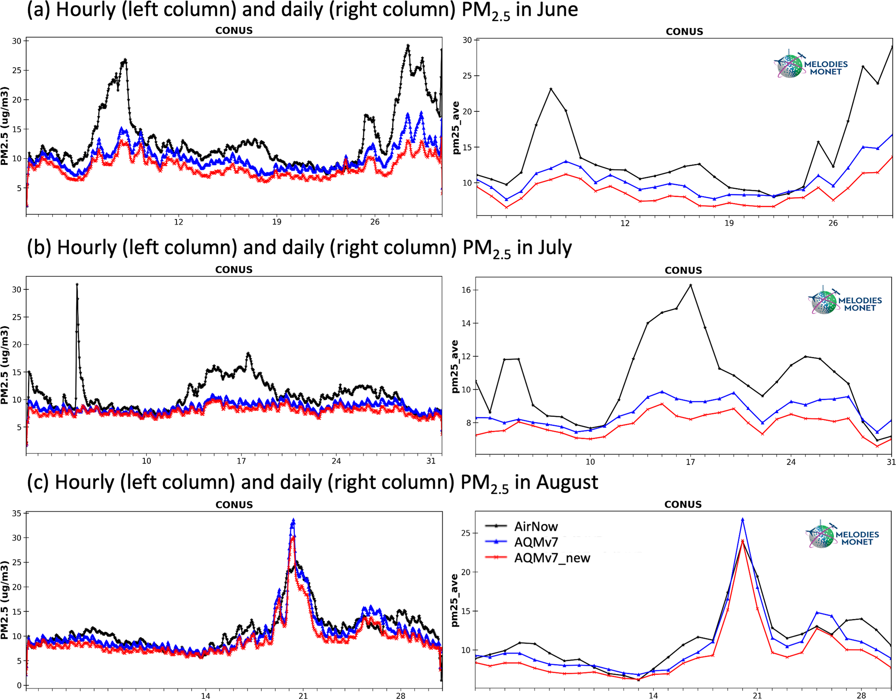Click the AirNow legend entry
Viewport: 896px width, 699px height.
(x=536, y=526)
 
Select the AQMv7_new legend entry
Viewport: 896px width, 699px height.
(x=552, y=558)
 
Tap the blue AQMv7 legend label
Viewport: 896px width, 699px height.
(x=536, y=542)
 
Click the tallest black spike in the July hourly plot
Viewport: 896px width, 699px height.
(x=77, y=284)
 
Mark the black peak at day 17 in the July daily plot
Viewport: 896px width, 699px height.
(x=691, y=285)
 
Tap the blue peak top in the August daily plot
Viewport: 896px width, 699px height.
(x=742, y=519)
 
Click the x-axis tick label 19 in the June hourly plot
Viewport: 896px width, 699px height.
(x=277, y=222)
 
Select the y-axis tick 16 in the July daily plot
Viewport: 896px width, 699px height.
(x=466, y=290)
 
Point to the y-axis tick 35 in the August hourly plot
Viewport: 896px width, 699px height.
(x=16, y=513)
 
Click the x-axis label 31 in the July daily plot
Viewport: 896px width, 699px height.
(x=891, y=462)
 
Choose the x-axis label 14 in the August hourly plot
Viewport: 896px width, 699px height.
(x=205, y=696)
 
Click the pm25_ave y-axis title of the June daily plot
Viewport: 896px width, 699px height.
(x=455, y=128)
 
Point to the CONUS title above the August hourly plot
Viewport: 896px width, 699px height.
(x=234, y=505)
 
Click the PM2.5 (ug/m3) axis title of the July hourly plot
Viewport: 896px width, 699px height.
(x=5, y=365)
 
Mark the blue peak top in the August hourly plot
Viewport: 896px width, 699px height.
(x=293, y=519)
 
